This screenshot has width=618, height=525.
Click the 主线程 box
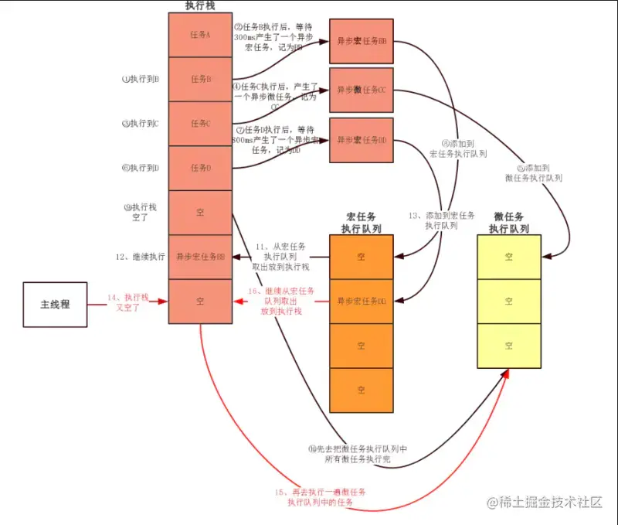tap(55, 304)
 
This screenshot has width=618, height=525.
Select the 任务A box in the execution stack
tap(200, 35)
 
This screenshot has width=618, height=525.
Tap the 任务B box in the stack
tap(200, 79)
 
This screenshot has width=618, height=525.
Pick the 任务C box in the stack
tap(200, 123)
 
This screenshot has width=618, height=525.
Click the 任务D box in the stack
tap(200, 168)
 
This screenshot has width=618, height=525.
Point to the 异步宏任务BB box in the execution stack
tap(200, 256)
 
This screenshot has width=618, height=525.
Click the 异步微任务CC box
tap(361, 90)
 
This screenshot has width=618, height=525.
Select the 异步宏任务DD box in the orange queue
tap(361, 301)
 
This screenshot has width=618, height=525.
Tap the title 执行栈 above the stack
tap(200, 5)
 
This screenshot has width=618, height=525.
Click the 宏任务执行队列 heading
tap(362, 222)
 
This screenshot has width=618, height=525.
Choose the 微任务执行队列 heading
tap(508, 222)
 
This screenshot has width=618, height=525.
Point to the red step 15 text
tap(320, 496)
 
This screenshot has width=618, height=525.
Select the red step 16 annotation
tap(281, 301)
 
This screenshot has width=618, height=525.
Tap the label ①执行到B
tap(141, 79)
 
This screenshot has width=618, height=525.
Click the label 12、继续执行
tap(139, 256)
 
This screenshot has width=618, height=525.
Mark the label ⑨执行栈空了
tap(140, 213)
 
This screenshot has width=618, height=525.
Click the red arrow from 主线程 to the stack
tap(127, 305)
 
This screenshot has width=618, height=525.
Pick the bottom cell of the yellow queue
tap(508, 345)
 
